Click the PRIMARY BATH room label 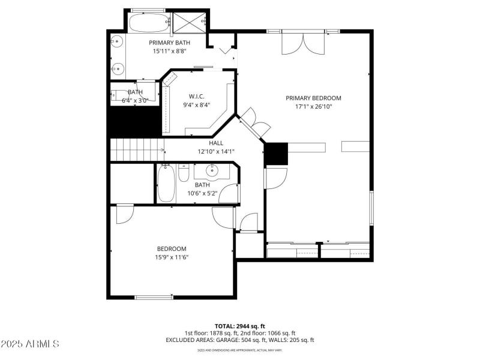tap(170, 43)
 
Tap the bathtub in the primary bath tap(148, 23)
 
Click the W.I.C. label tap(196, 96)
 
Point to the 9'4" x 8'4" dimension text tap(196, 105)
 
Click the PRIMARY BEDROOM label tap(313, 98)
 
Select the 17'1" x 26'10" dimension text tap(313, 107)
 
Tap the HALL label tap(216, 143)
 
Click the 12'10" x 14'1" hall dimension tap(216, 152)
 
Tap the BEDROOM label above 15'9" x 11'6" tap(172, 249)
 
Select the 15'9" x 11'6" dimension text tap(172, 257)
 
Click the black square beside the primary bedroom tap(275, 154)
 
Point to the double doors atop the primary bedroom tap(302, 43)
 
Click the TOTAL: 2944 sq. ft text tap(240, 326)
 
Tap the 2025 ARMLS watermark tap(30, 344)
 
